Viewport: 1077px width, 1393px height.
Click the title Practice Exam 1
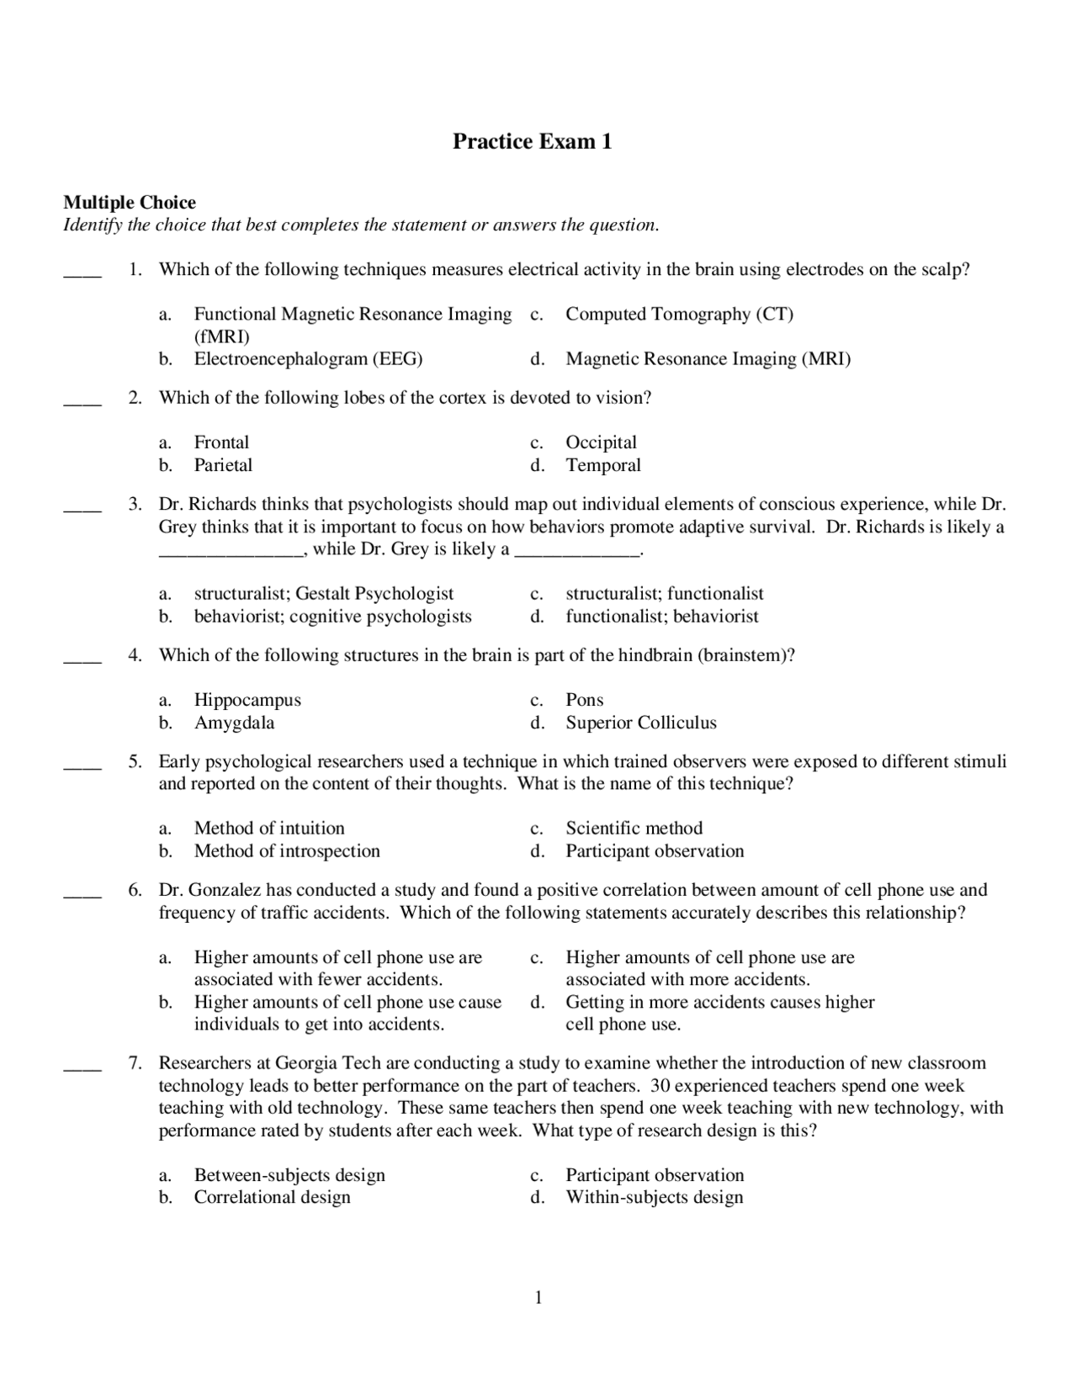pos(532,141)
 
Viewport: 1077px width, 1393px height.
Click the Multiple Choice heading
pos(130,203)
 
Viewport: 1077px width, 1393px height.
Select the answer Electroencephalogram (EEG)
pos(308,359)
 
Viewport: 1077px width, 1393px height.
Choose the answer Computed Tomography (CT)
pos(679,315)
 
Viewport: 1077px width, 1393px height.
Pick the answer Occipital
pos(601,442)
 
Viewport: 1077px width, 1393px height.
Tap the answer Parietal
pos(223,465)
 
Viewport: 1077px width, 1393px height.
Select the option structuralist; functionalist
pos(664,594)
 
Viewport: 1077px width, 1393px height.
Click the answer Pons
pos(584,700)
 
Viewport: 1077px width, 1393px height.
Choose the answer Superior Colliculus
pos(640,723)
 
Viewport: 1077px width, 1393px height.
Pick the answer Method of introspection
pos(287,851)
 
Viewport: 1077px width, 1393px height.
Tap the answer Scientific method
pos(634,829)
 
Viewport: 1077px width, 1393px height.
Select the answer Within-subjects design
pos(654,1197)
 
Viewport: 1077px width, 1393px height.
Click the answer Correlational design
pos(272,1197)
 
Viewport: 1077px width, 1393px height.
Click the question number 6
pos(135,890)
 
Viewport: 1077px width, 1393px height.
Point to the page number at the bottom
pos(538,1298)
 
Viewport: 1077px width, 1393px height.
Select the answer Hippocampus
pos(247,700)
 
